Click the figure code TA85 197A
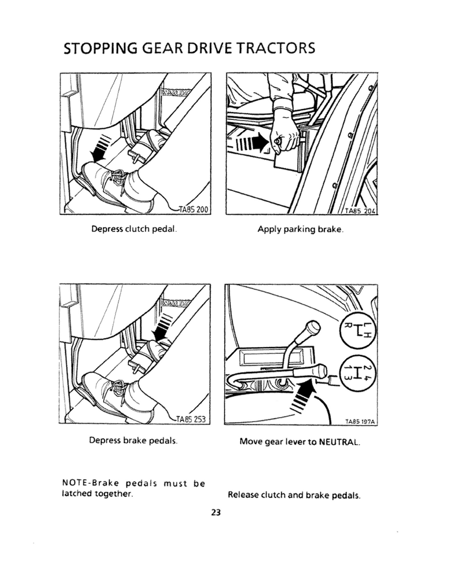(x=361, y=421)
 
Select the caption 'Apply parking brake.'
(x=301, y=230)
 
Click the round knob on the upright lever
(x=312, y=327)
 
